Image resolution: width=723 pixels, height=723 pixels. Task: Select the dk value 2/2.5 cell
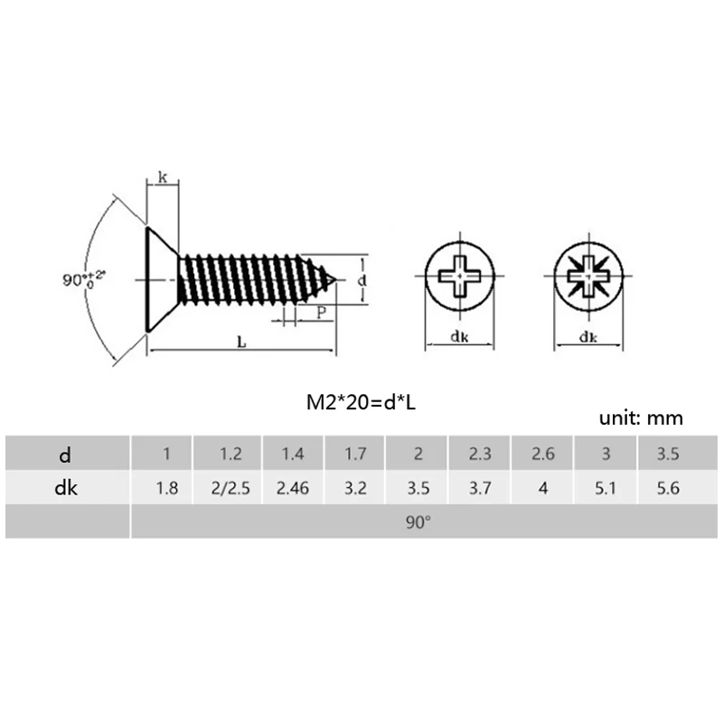[229, 489]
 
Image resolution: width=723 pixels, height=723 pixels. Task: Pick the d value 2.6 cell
[543, 454]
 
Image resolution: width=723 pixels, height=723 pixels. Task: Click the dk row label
[66, 489]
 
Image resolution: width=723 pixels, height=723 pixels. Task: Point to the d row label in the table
[66, 454]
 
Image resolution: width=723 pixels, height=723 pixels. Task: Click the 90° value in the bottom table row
[418, 522]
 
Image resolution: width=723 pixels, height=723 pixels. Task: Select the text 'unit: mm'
[641, 418]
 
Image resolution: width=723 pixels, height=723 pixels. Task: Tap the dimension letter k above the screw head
[162, 178]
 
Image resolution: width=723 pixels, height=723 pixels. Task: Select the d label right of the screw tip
[362, 281]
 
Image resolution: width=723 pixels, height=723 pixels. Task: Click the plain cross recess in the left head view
[459, 273]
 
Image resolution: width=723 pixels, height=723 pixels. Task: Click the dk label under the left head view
[459, 338]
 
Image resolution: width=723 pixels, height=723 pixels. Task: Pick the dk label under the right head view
[587, 338]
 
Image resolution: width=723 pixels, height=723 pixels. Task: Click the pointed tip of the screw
[335, 280]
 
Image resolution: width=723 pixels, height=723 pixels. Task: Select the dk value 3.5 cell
[418, 489]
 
